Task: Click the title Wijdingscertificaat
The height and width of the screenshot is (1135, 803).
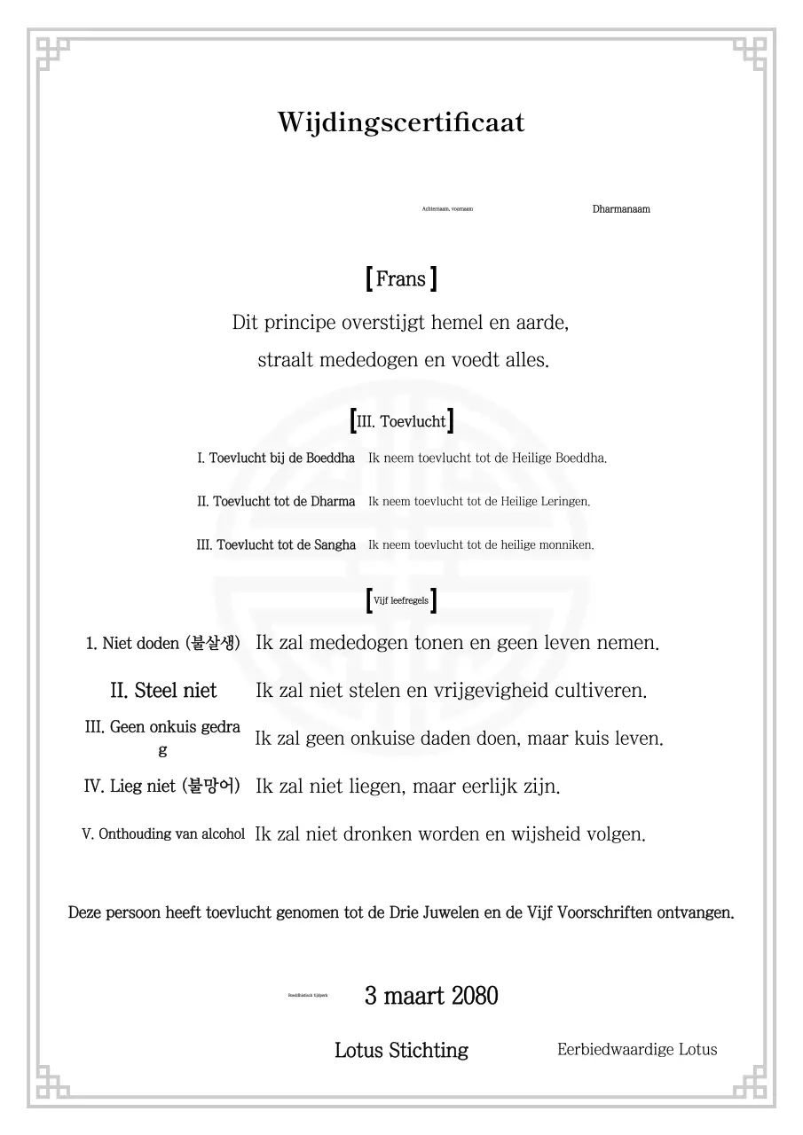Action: click(x=401, y=122)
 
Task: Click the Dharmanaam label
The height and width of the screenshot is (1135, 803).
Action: click(x=621, y=209)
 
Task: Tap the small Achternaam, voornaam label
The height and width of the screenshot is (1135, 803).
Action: click(x=447, y=209)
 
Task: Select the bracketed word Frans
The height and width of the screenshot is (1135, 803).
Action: click(x=401, y=279)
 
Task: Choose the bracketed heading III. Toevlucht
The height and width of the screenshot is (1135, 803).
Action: click(x=401, y=422)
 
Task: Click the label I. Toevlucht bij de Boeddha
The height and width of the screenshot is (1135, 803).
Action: click(x=276, y=458)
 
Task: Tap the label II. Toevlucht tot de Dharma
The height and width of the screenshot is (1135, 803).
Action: click(x=276, y=502)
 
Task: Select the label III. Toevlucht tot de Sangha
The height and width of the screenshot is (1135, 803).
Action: click(x=276, y=545)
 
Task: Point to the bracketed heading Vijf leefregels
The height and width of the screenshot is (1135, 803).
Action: click(x=401, y=601)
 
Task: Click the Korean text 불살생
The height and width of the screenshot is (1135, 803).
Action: click(x=213, y=643)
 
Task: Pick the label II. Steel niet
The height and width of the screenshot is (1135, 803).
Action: click(x=163, y=690)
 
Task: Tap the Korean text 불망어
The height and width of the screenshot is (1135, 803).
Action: click(x=210, y=787)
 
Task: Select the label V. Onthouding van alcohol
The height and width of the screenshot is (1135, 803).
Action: click(x=163, y=834)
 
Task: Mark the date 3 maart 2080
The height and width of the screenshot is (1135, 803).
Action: click(x=431, y=996)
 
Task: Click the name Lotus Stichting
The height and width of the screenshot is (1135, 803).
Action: click(x=401, y=1051)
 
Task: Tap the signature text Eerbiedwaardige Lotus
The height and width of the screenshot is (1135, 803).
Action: click(x=637, y=1050)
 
